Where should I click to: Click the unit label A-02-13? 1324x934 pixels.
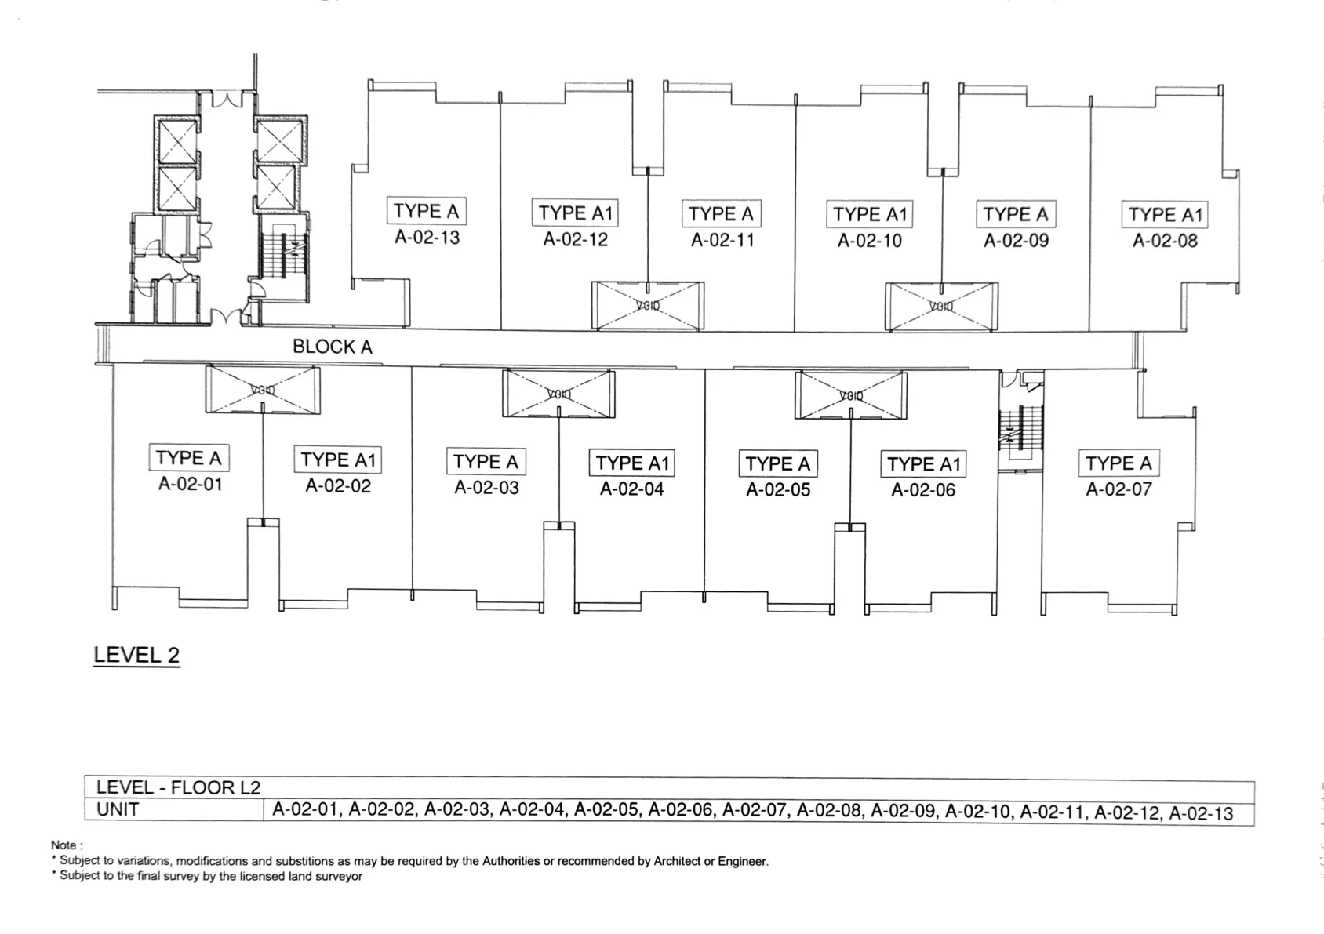427,238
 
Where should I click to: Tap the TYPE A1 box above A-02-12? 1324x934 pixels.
575,213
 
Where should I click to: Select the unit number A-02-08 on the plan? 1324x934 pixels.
1165,241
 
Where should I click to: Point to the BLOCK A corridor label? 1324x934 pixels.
333,347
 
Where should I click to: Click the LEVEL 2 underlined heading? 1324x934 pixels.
136,655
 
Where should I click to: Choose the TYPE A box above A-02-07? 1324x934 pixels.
1118,463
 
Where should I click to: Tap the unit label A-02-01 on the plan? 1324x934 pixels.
190,484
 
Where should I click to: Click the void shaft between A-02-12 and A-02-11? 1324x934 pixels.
648,306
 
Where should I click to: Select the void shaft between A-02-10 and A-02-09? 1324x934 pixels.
941,306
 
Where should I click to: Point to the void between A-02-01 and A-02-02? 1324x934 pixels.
263,391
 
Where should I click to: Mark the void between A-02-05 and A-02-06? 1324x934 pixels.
850,395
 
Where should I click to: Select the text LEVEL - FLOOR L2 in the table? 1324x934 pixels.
178,788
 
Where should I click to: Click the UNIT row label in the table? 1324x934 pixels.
118,809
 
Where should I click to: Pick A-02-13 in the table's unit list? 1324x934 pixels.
1201,813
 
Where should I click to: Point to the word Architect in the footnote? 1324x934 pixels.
676,861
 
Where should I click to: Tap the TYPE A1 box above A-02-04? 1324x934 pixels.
631,463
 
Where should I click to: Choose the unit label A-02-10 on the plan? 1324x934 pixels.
870,241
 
